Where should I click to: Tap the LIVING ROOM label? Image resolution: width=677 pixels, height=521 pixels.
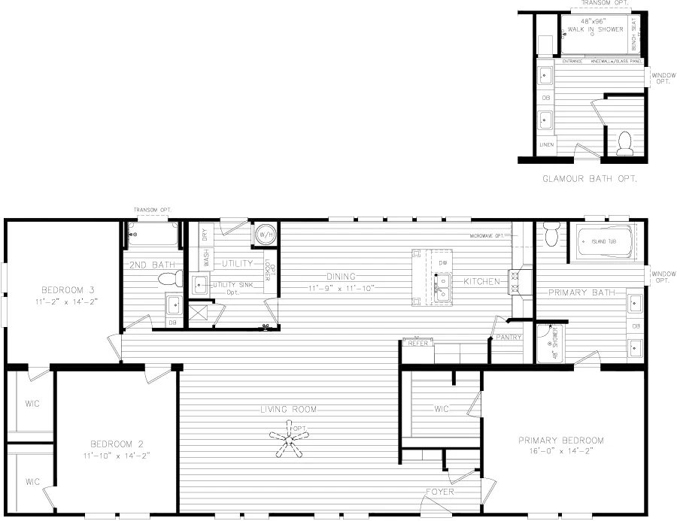point(288,410)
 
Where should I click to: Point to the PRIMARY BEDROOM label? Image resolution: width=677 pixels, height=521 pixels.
point(561,441)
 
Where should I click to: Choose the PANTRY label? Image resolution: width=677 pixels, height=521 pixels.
point(509,338)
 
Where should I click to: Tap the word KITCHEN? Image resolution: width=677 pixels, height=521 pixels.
point(481,281)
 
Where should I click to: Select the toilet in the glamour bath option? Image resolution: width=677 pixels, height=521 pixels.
point(625,144)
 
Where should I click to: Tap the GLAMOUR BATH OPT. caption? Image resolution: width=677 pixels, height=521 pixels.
point(590,179)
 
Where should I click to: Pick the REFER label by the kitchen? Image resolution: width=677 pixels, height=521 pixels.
point(418,344)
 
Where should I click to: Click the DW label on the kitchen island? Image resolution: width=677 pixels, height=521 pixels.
point(443,262)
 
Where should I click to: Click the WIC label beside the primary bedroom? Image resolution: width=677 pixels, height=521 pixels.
point(442,409)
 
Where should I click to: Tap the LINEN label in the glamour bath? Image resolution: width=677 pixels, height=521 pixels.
point(546,144)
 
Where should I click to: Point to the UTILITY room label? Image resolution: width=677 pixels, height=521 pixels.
point(238,263)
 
